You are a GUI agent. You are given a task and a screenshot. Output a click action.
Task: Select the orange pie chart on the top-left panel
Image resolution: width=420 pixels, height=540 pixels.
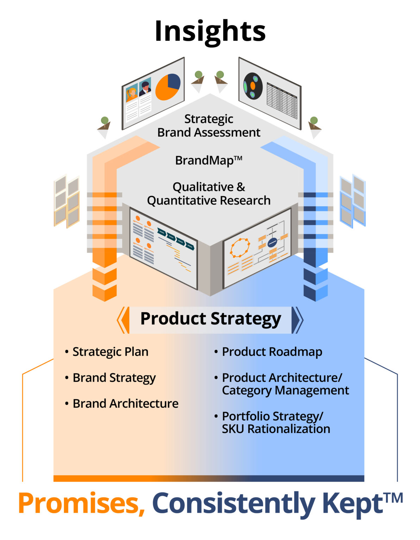[168, 87]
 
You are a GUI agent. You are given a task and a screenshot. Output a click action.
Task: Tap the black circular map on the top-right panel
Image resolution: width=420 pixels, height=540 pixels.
[253, 85]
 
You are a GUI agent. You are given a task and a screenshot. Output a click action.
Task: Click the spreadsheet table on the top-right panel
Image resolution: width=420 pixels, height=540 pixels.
[282, 101]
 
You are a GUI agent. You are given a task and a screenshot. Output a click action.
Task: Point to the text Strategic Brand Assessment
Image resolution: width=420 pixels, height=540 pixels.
[209, 126]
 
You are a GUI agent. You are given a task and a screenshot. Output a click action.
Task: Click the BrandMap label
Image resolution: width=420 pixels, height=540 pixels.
[208, 160]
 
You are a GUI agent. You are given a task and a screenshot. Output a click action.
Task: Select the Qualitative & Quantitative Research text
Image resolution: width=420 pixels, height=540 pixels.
[209, 193]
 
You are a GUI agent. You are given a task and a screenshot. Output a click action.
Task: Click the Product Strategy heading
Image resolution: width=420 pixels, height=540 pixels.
[211, 319]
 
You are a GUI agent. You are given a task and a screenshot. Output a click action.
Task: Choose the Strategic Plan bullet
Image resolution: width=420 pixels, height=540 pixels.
[110, 352]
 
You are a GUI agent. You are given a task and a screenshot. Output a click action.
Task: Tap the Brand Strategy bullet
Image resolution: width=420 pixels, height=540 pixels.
[114, 378]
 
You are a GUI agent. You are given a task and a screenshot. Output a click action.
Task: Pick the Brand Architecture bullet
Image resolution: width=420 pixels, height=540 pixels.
[125, 404]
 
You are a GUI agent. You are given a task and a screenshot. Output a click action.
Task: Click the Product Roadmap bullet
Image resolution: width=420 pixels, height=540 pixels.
[272, 352]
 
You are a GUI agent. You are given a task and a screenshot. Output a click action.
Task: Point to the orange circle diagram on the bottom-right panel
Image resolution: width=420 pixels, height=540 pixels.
[240, 247]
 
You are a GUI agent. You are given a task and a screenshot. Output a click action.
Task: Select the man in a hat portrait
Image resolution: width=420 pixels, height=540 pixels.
[145, 88]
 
